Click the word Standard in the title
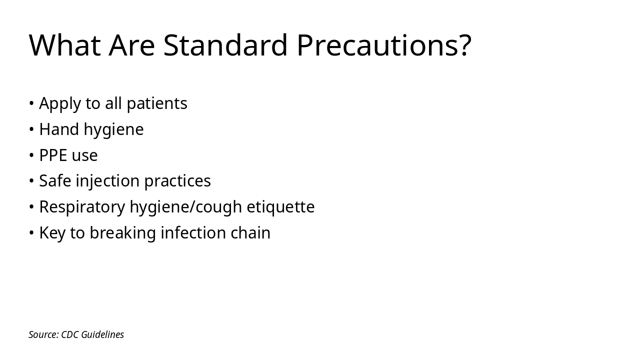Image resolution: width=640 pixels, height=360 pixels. click(x=225, y=45)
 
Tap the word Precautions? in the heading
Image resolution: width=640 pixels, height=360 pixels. click(x=384, y=45)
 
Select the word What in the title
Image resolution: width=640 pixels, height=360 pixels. click(x=65, y=45)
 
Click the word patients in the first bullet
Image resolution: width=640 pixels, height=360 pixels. click(x=156, y=103)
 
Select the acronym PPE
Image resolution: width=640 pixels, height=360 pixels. click(x=53, y=155)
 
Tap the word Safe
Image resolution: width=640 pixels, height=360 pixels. click(x=55, y=181)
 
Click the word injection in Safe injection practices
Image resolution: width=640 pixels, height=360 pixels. click(x=107, y=181)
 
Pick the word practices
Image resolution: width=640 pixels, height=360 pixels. click(x=177, y=181)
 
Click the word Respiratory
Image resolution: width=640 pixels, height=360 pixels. click(x=82, y=207)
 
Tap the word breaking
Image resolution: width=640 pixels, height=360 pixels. click(x=115, y=233)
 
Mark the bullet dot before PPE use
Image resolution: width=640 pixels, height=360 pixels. click(x=31, y=155)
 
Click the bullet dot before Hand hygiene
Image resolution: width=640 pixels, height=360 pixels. click(x=31, y=129)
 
